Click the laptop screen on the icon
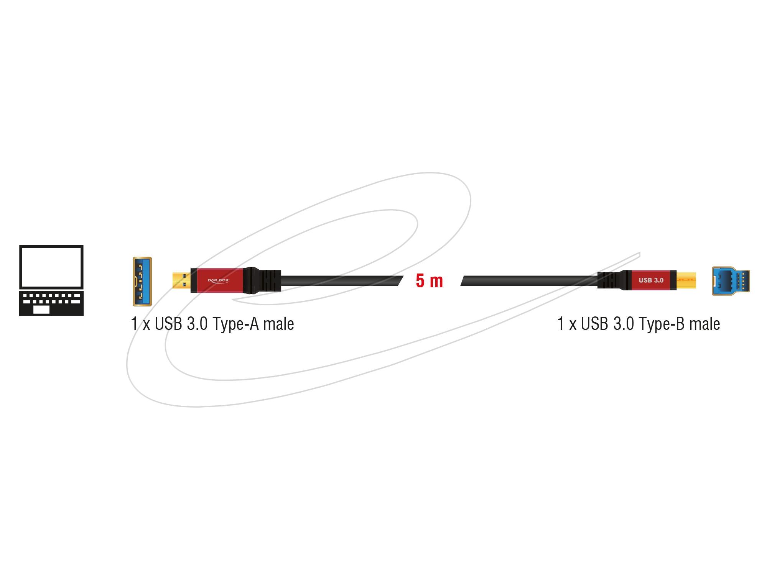(x=51, y=267)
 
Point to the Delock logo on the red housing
(x=218, y=280)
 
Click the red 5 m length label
(x=429, y=281)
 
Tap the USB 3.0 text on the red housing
(x=651, y=280)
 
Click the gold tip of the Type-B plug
(x=686, y=280)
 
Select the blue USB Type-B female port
(x=731, y=281)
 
